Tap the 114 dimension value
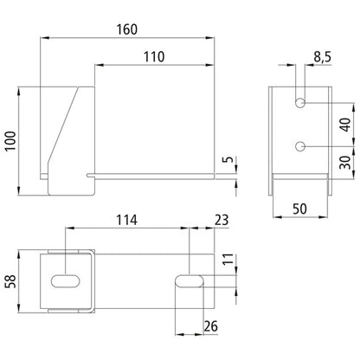pyautogui.click(x=127, y=220)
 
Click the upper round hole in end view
pyautogui.click(x=299, y=104)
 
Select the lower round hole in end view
pyautogui.click(x=299, y=145)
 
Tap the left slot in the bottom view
pyautogui.click(x=67, y=281)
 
